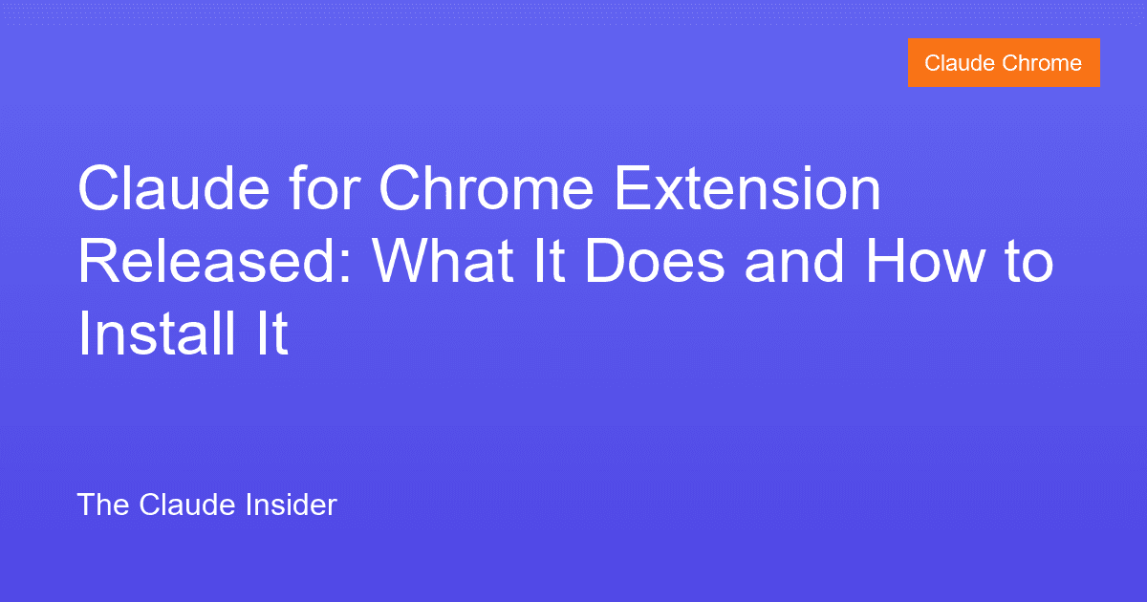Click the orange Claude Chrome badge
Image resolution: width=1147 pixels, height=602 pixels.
(x=1004, y=63)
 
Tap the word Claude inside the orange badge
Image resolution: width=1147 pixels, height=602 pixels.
(x=959, y=63)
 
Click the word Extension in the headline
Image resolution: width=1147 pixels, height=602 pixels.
(x=747, y=191)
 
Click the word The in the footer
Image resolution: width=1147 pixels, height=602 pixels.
(x=103, y=505)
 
